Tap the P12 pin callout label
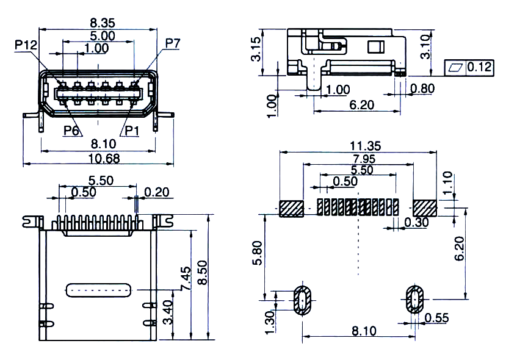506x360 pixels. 26,45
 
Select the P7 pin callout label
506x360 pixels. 173,43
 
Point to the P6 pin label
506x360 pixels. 71,131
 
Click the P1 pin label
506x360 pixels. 132,131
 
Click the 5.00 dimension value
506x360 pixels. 102,36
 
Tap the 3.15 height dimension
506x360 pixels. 256,49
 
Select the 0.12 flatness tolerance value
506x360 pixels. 479,67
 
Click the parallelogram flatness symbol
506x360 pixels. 455,67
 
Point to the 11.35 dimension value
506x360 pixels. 366,146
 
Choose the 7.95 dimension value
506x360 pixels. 364,159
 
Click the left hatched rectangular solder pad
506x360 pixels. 291,209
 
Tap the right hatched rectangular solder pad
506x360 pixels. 425,208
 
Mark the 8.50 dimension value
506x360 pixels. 203,273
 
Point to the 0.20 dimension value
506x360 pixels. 156,192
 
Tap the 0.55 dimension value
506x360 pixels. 436,318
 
